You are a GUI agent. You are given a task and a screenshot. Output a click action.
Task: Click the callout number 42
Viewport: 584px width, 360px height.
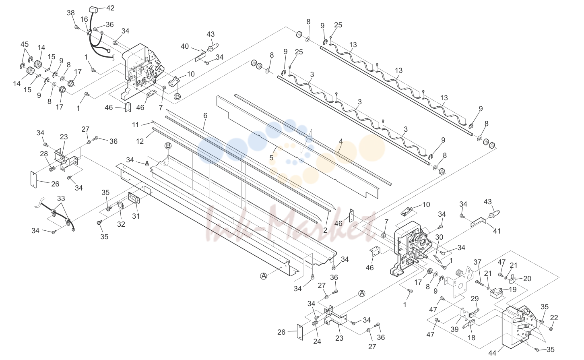110,8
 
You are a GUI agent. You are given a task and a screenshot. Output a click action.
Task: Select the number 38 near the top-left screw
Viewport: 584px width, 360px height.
71,13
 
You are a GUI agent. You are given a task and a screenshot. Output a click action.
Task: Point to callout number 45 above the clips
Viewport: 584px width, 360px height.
25,44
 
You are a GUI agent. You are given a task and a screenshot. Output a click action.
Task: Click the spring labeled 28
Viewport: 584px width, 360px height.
52,169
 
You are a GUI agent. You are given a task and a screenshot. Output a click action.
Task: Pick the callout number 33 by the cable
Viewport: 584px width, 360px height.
61,199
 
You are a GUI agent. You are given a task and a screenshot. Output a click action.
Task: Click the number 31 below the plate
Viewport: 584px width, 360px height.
136,216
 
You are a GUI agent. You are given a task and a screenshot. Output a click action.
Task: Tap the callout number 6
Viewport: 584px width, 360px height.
205,116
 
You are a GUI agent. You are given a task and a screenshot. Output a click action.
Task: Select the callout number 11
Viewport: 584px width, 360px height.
135,125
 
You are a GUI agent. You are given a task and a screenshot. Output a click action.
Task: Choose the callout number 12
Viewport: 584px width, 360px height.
140,141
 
